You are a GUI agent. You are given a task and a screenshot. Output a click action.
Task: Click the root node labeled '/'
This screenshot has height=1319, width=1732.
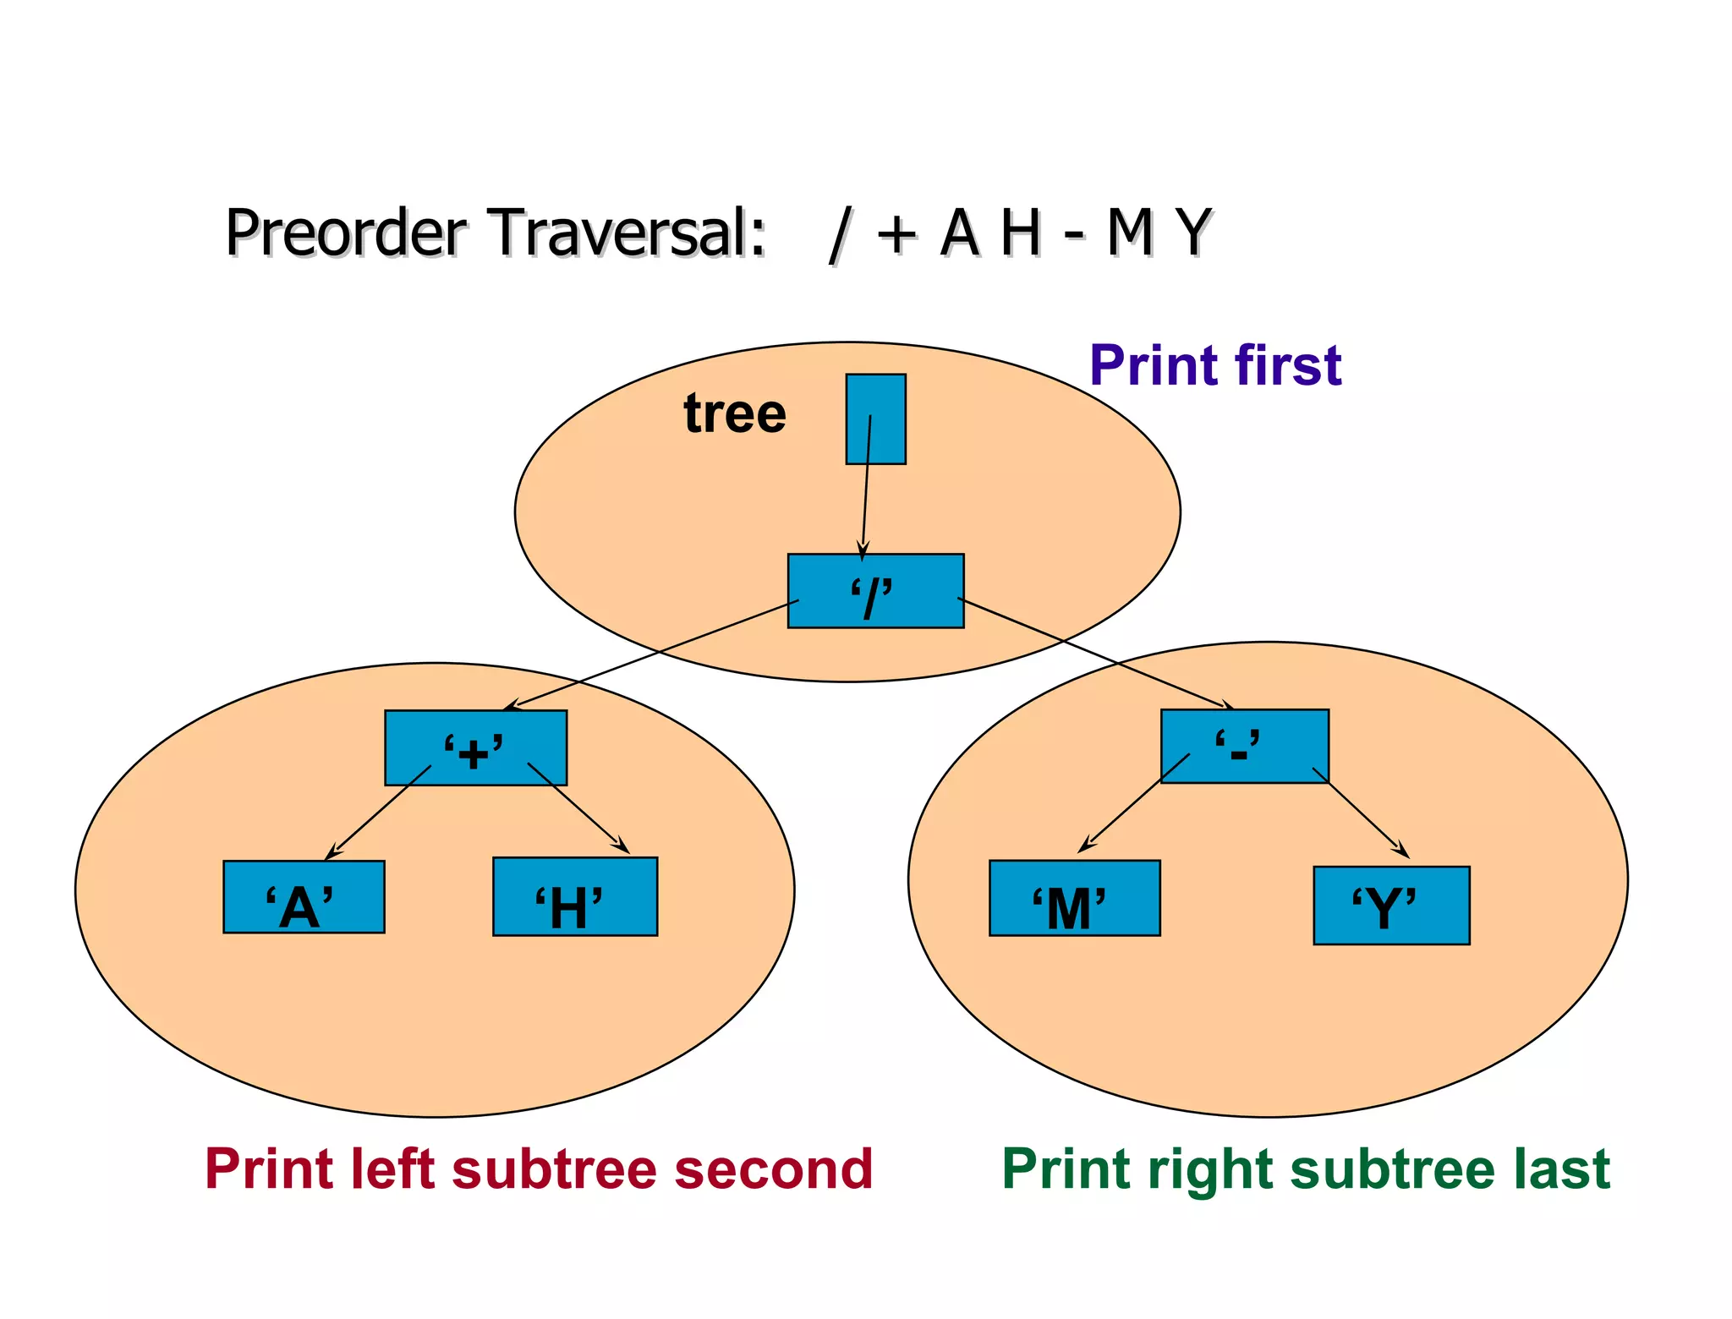click(875, 591)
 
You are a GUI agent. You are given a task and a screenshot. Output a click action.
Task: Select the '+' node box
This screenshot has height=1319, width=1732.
click(475, 747)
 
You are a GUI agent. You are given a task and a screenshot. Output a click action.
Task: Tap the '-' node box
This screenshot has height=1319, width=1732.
click(1244, 746)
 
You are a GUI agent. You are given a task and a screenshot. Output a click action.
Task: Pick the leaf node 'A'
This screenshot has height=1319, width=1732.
click(304, 897)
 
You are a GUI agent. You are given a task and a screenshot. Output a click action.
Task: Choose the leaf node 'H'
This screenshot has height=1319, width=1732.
click(575, 896)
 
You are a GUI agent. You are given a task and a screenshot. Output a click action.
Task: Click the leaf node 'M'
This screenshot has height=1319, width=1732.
click(1074, 898)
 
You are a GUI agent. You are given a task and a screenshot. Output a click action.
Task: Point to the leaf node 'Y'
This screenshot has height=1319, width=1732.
click(1391, 906)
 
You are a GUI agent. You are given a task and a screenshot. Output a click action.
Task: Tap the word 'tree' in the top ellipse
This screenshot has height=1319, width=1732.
click(735, 413)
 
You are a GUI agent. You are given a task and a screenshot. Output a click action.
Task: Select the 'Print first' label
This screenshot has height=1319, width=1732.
click(1215, 365)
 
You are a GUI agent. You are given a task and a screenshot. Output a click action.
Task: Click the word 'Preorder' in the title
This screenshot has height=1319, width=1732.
click(346, 232)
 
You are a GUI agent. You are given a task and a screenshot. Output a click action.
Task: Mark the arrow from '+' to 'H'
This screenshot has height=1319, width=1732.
click(578, 808)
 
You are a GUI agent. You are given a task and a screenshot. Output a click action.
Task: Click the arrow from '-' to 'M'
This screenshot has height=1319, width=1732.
click(1133, 803)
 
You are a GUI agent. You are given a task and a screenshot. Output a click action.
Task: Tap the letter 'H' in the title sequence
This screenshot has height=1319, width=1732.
click(1020, 232)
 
